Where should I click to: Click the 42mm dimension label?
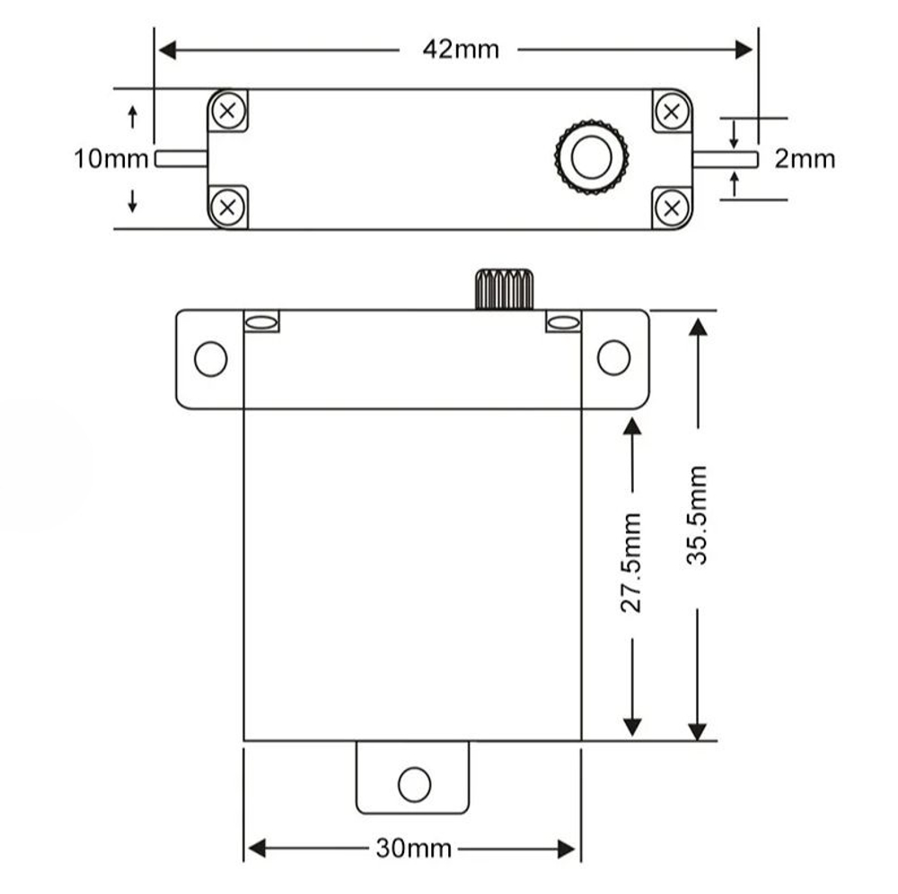460,48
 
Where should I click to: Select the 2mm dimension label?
805,159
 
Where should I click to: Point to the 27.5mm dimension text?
632,563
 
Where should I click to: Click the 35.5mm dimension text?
698,514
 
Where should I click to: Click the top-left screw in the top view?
227,110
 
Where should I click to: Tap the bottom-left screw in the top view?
227,207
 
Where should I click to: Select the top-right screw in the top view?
671,110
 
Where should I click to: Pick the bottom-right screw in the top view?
671,207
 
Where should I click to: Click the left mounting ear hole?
210,359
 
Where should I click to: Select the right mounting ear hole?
613,358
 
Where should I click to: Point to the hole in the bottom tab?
414,784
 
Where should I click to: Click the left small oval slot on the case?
261,322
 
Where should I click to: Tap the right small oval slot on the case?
563,322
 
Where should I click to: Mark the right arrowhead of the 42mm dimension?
744,49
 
